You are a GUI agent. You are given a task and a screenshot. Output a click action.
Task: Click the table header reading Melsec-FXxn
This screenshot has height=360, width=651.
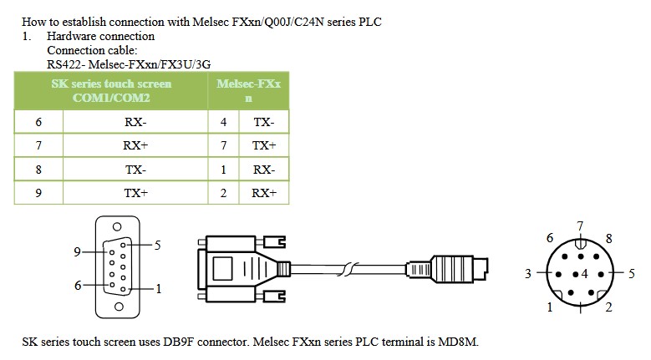248,90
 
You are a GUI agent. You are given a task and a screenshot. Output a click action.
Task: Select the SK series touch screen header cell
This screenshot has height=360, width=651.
111,90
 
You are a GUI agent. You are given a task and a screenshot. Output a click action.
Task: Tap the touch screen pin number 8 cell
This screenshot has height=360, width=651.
38,170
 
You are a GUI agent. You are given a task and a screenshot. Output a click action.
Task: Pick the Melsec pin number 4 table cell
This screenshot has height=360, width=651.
223,122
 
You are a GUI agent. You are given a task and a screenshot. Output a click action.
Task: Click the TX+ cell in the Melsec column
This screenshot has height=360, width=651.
264,145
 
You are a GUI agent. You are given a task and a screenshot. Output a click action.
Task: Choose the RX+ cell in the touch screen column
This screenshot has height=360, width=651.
135,145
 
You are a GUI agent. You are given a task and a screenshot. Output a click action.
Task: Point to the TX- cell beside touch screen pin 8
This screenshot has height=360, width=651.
135,170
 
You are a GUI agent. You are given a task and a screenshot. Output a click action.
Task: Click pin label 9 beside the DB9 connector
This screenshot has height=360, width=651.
77,251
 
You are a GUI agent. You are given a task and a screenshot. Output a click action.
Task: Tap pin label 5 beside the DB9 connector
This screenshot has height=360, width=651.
157,245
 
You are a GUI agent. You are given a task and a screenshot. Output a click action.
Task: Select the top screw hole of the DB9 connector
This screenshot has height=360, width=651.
118,226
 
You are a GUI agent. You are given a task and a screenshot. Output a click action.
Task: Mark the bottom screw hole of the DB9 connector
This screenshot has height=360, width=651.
120,307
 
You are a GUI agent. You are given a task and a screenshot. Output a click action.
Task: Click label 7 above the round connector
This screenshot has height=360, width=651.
581,226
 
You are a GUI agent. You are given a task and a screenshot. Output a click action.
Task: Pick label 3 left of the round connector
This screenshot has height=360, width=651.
527,274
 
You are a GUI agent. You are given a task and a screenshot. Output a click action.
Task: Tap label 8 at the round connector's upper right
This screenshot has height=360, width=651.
608,239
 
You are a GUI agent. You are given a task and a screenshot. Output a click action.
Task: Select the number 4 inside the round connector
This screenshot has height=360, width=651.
585,274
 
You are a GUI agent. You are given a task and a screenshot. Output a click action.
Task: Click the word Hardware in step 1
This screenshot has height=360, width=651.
71,36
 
